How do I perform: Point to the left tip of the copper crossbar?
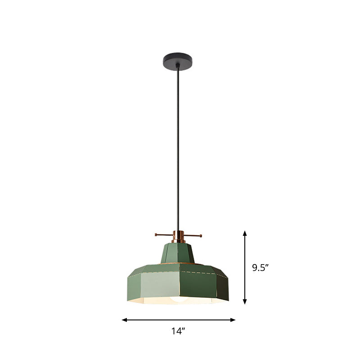pos(156,234)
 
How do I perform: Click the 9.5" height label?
pos(260,268)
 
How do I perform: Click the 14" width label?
pos(179,332)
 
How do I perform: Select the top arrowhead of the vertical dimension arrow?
pos(245,233)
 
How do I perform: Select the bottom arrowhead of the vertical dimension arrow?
pos(245,302)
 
